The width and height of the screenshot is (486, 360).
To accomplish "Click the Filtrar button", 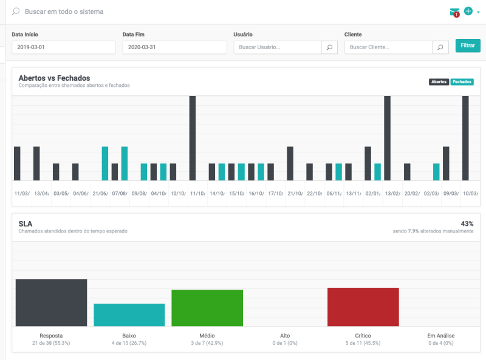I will pos(467,46).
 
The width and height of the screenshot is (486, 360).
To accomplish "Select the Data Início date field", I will pos(63,47).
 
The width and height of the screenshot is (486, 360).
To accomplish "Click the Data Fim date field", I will pos(174,47).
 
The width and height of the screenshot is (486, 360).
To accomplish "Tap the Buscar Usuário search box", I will pos(277,47).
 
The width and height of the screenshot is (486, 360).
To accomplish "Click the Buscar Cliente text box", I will pos(388,47).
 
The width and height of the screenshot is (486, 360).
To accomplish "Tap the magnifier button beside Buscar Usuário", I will pos(329,47).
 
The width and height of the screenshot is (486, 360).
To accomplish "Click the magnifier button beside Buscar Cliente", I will pos(440,47).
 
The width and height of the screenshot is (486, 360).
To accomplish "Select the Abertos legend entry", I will pos(439,82).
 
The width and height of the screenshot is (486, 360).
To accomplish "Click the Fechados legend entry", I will pos(462,82).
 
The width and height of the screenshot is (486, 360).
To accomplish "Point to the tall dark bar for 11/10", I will pos(193,138).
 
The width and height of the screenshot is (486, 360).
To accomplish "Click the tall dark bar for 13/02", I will pos(387,138).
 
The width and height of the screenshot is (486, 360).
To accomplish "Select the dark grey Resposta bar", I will pos(51,302).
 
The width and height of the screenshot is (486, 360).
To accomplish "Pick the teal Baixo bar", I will pos(129,314).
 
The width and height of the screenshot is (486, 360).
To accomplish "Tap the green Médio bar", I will pos(207,308).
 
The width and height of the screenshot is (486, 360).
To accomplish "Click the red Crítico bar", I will pos(363,307).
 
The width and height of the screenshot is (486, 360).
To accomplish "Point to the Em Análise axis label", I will pos(440,336).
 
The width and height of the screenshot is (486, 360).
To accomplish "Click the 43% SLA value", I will pos(467,224).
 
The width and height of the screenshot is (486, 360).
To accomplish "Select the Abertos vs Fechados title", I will pos(54,78).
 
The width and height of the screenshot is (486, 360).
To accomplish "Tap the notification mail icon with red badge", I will pos(454,12).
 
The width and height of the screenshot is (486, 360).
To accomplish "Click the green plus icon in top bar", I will pos(468,11).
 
